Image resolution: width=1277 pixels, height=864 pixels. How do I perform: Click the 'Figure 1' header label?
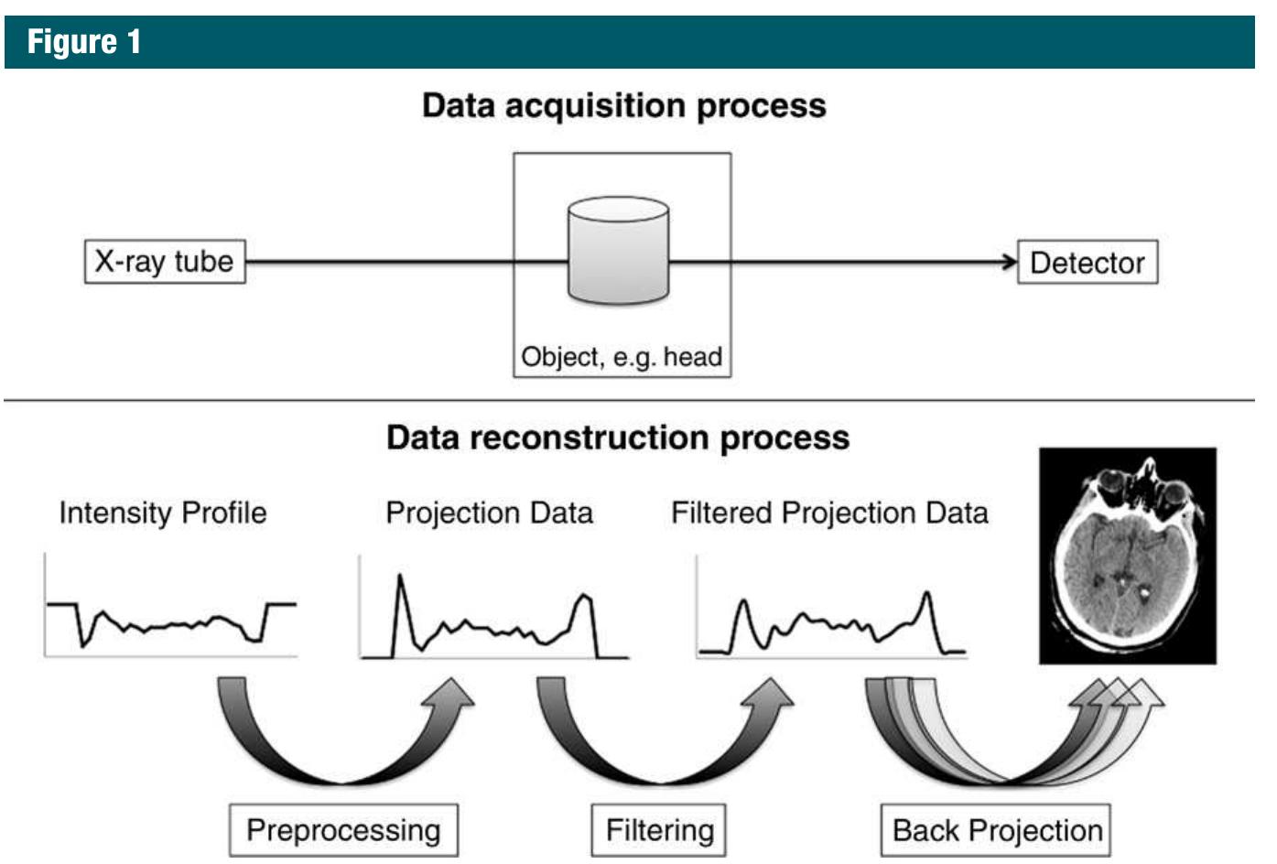84,42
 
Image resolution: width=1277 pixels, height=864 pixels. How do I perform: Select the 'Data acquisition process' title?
623,105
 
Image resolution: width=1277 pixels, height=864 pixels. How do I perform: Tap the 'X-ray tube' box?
165,262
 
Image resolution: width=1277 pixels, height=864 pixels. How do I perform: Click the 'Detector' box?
1087,263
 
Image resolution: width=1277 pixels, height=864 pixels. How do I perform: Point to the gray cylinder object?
618,251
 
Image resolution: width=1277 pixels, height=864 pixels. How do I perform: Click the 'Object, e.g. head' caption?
622,356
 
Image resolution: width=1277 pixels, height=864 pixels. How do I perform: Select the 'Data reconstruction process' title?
618,437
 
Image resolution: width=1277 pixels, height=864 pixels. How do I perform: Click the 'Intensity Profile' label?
163,513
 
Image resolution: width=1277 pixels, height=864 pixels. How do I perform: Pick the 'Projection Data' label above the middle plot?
489,513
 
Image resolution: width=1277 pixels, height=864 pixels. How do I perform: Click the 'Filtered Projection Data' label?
829,513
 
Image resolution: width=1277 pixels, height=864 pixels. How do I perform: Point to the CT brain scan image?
1127,556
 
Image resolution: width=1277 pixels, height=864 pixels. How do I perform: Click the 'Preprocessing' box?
343,830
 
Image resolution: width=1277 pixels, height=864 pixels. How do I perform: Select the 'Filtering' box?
659,830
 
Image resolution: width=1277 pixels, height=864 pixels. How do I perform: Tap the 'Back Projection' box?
996,830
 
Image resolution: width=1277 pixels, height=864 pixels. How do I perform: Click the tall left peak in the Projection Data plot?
399,578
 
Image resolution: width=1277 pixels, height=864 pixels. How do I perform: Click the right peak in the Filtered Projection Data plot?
927,595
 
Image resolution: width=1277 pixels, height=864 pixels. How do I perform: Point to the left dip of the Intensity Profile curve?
84,643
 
